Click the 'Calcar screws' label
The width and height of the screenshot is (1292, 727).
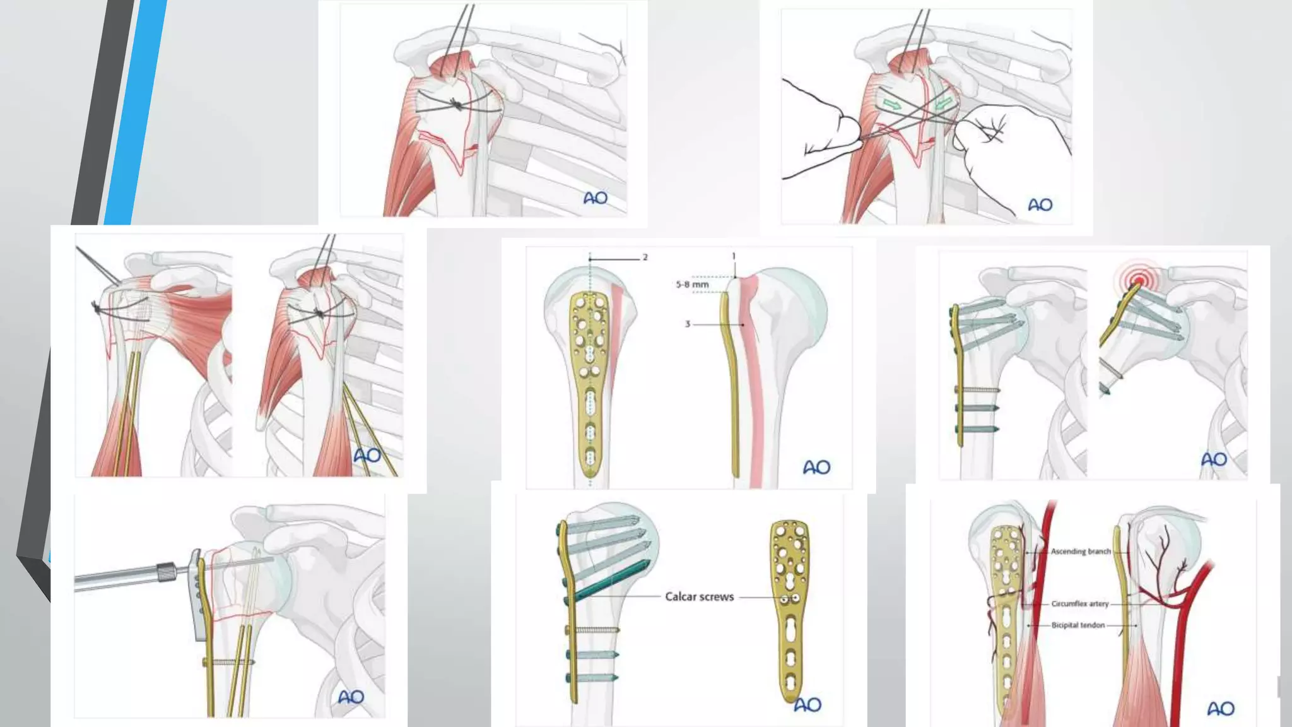(699, 596)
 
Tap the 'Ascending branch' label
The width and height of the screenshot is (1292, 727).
(1080, 552)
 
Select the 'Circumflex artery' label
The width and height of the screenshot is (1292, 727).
(1079, 604)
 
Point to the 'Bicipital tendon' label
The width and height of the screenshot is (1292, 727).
(1078, 625)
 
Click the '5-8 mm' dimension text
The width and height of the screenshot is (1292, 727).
(692, 285)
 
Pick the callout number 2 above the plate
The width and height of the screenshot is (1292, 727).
(645, 257)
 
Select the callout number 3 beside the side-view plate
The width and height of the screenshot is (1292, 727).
(688, 324)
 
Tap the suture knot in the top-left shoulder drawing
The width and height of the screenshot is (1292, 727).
(456, 105)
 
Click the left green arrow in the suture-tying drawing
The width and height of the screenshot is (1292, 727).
(891, 103)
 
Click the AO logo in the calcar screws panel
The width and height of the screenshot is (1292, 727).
(807, 704)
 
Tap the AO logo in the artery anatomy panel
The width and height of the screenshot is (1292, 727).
(1220, 709)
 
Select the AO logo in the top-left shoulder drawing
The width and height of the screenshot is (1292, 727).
(595, 198)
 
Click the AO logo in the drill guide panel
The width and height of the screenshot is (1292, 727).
(351, 697)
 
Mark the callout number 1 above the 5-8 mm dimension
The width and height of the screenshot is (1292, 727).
(734, 256)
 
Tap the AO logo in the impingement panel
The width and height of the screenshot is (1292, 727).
(1213, 459)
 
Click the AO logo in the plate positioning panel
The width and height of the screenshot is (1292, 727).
(816, 467)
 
